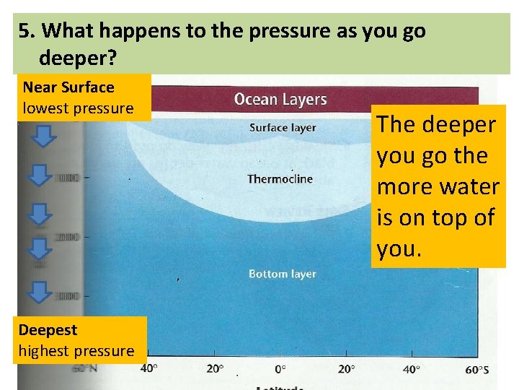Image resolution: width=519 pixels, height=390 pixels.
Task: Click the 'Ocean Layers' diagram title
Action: point(280,99)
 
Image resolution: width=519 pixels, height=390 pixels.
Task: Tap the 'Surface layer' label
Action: point(283,128)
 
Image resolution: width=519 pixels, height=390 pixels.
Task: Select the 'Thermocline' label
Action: point(280,178)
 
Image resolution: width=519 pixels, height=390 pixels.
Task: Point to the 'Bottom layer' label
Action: point(283,274)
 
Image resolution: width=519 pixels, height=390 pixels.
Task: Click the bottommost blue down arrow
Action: point(43,291)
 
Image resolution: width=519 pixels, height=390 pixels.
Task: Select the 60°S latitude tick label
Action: point(476,370)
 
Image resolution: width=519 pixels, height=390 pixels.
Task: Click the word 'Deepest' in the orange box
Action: point(48,330)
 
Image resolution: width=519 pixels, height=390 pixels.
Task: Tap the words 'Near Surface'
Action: point(68,87)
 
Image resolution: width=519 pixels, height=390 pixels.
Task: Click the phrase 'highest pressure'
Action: point(76,351)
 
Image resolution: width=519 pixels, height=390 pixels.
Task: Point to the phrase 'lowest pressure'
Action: point(79,109)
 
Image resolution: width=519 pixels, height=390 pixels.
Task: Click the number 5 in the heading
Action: point(25,31)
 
